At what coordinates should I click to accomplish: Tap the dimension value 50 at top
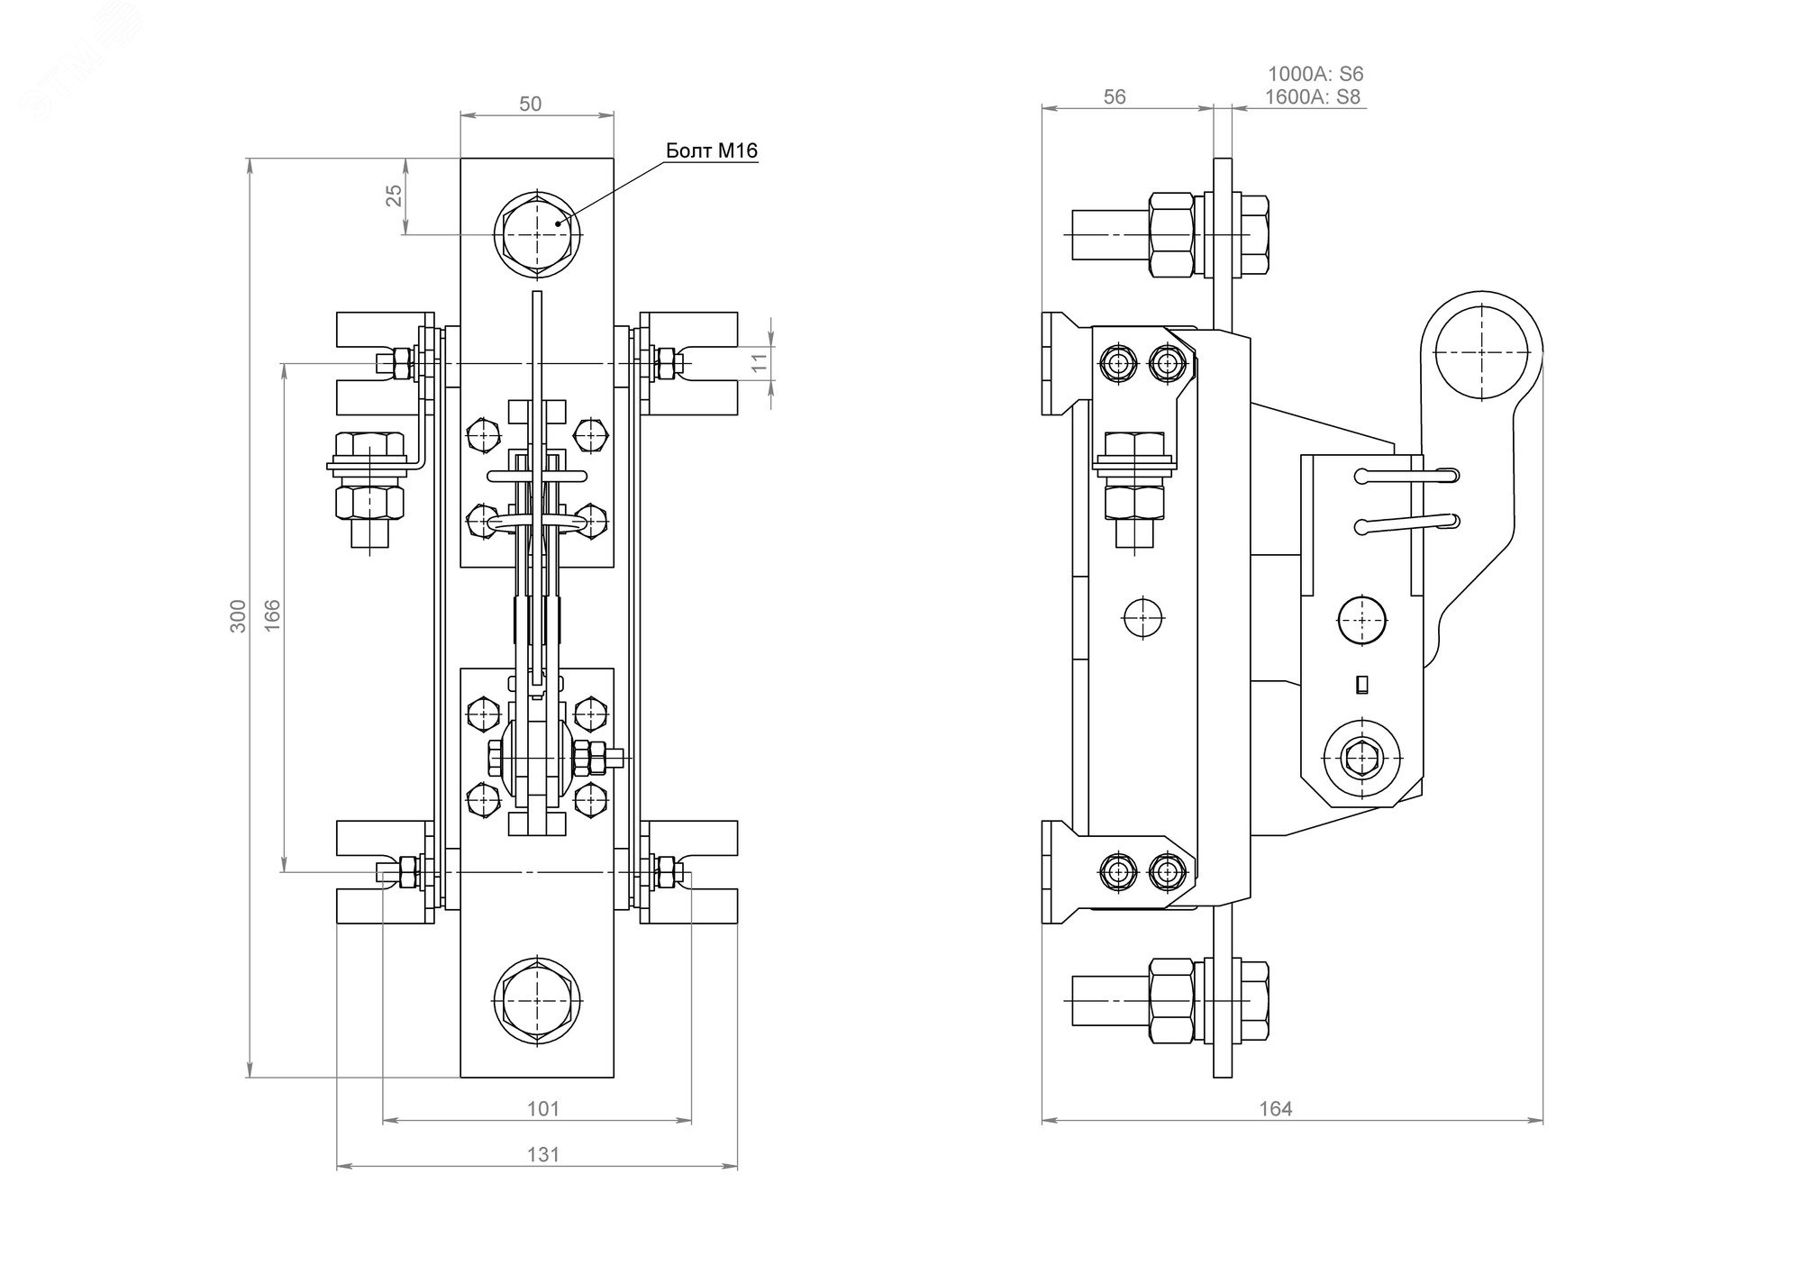tap(531, 104)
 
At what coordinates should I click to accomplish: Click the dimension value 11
tap(760, 362)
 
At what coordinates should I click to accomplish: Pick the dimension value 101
tap(542, 1108)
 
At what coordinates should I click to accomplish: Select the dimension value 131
tap(542, 1154)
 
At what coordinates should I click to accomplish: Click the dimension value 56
tap(1115, 96)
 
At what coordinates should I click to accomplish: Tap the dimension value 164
tap(1276, 1109)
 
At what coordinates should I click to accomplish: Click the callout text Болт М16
tap(711, 150)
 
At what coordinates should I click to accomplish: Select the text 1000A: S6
tap(1315, 74)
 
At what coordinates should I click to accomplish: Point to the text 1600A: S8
tap(1312, 97)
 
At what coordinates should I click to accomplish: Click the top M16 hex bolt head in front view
tap(537, 232)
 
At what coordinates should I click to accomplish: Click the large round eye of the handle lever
tap(1481, 350)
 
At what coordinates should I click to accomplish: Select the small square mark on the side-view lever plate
tap(1361, 686)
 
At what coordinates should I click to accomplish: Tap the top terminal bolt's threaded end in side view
tap(1093, 233)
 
